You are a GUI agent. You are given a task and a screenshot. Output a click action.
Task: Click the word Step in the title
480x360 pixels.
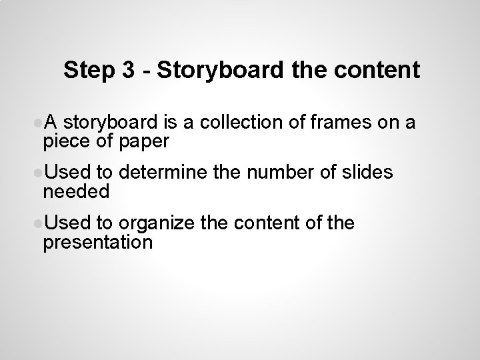pyautogui.click(x=87, y=71)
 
